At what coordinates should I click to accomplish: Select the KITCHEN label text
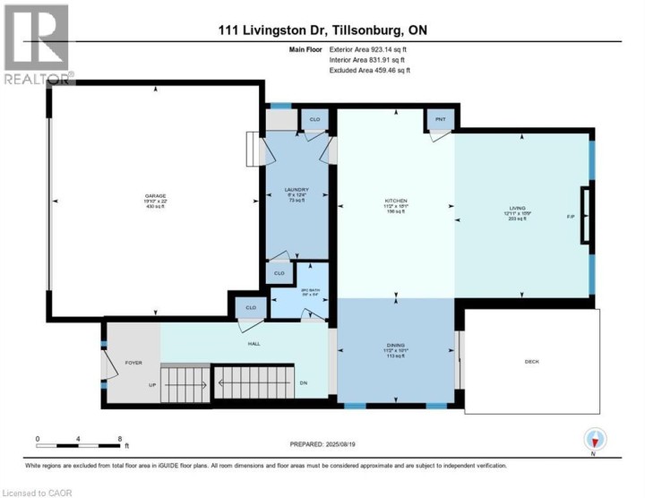396,201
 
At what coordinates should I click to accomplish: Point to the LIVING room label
518,208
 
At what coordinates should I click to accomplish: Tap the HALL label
253,342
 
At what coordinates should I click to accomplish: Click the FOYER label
133,363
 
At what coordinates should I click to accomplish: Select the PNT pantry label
440,118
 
